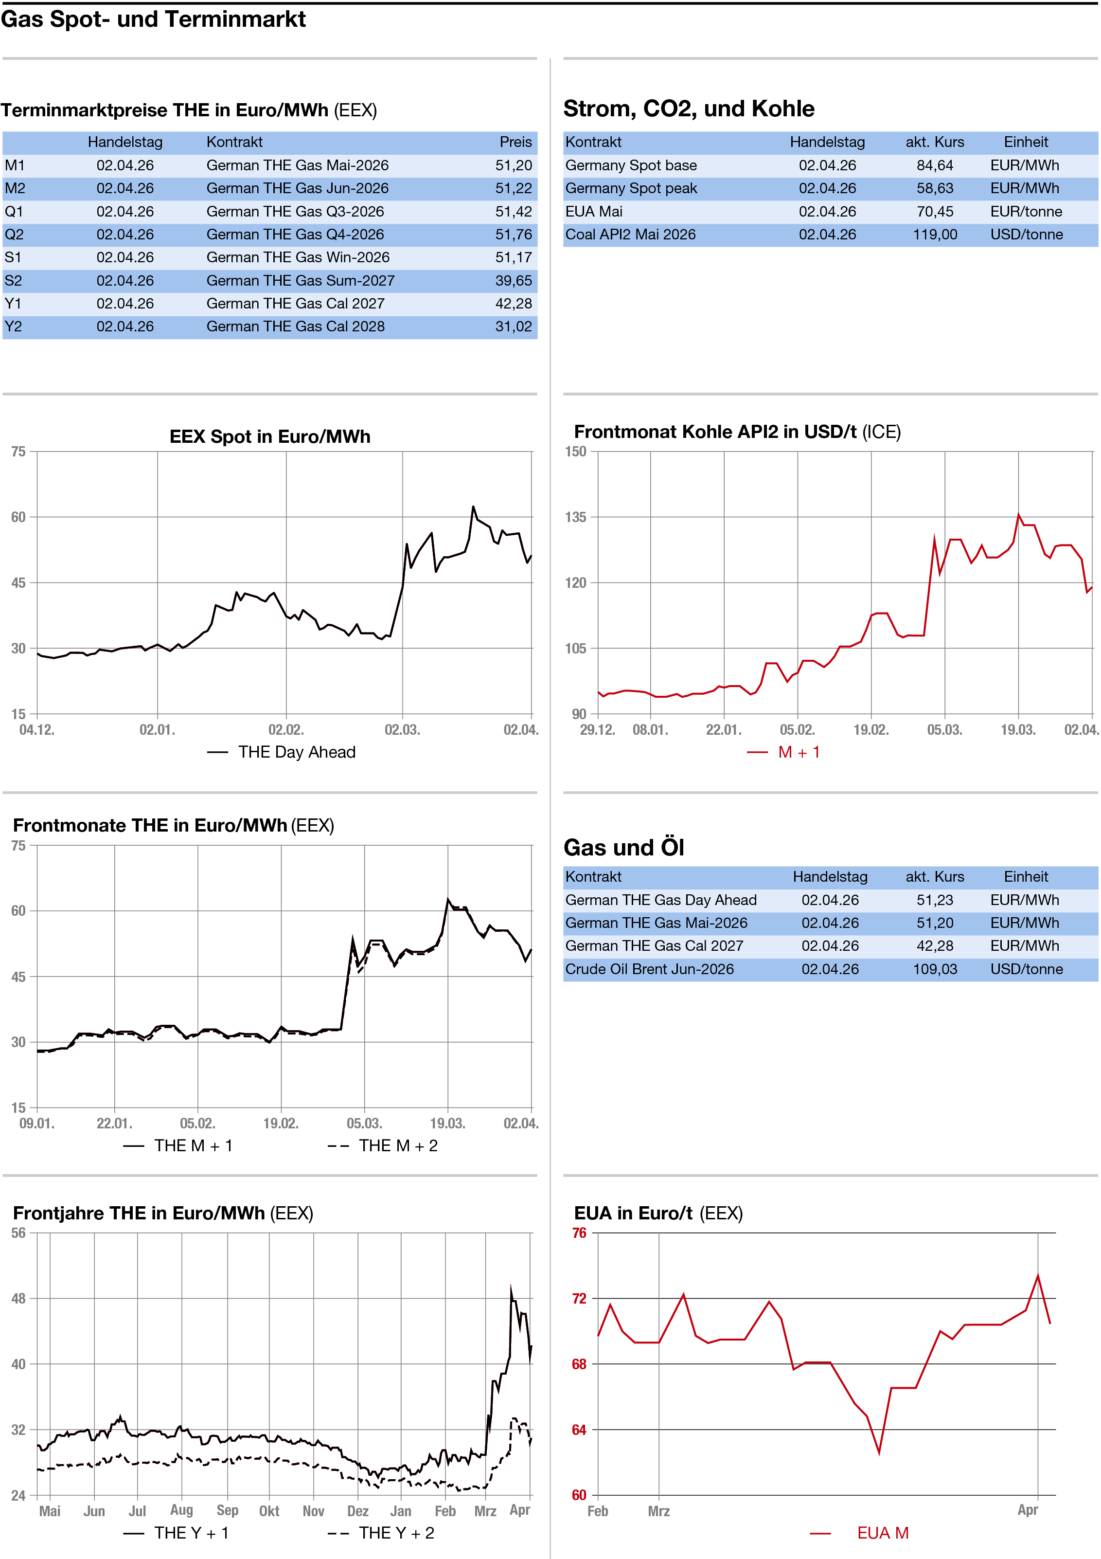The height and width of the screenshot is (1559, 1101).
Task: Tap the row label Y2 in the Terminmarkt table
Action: point(14,326)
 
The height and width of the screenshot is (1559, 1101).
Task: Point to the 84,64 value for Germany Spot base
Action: point(935,165)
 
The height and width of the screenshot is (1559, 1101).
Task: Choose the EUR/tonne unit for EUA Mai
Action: point(1026,212)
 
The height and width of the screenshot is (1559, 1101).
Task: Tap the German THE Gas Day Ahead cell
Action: point(660,900)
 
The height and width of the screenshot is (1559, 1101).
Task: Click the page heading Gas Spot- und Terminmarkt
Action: point(153,19)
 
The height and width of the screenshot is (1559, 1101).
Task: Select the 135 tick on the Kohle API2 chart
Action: point(576,517)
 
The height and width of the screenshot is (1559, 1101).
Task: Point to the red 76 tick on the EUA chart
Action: point(579,1233)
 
